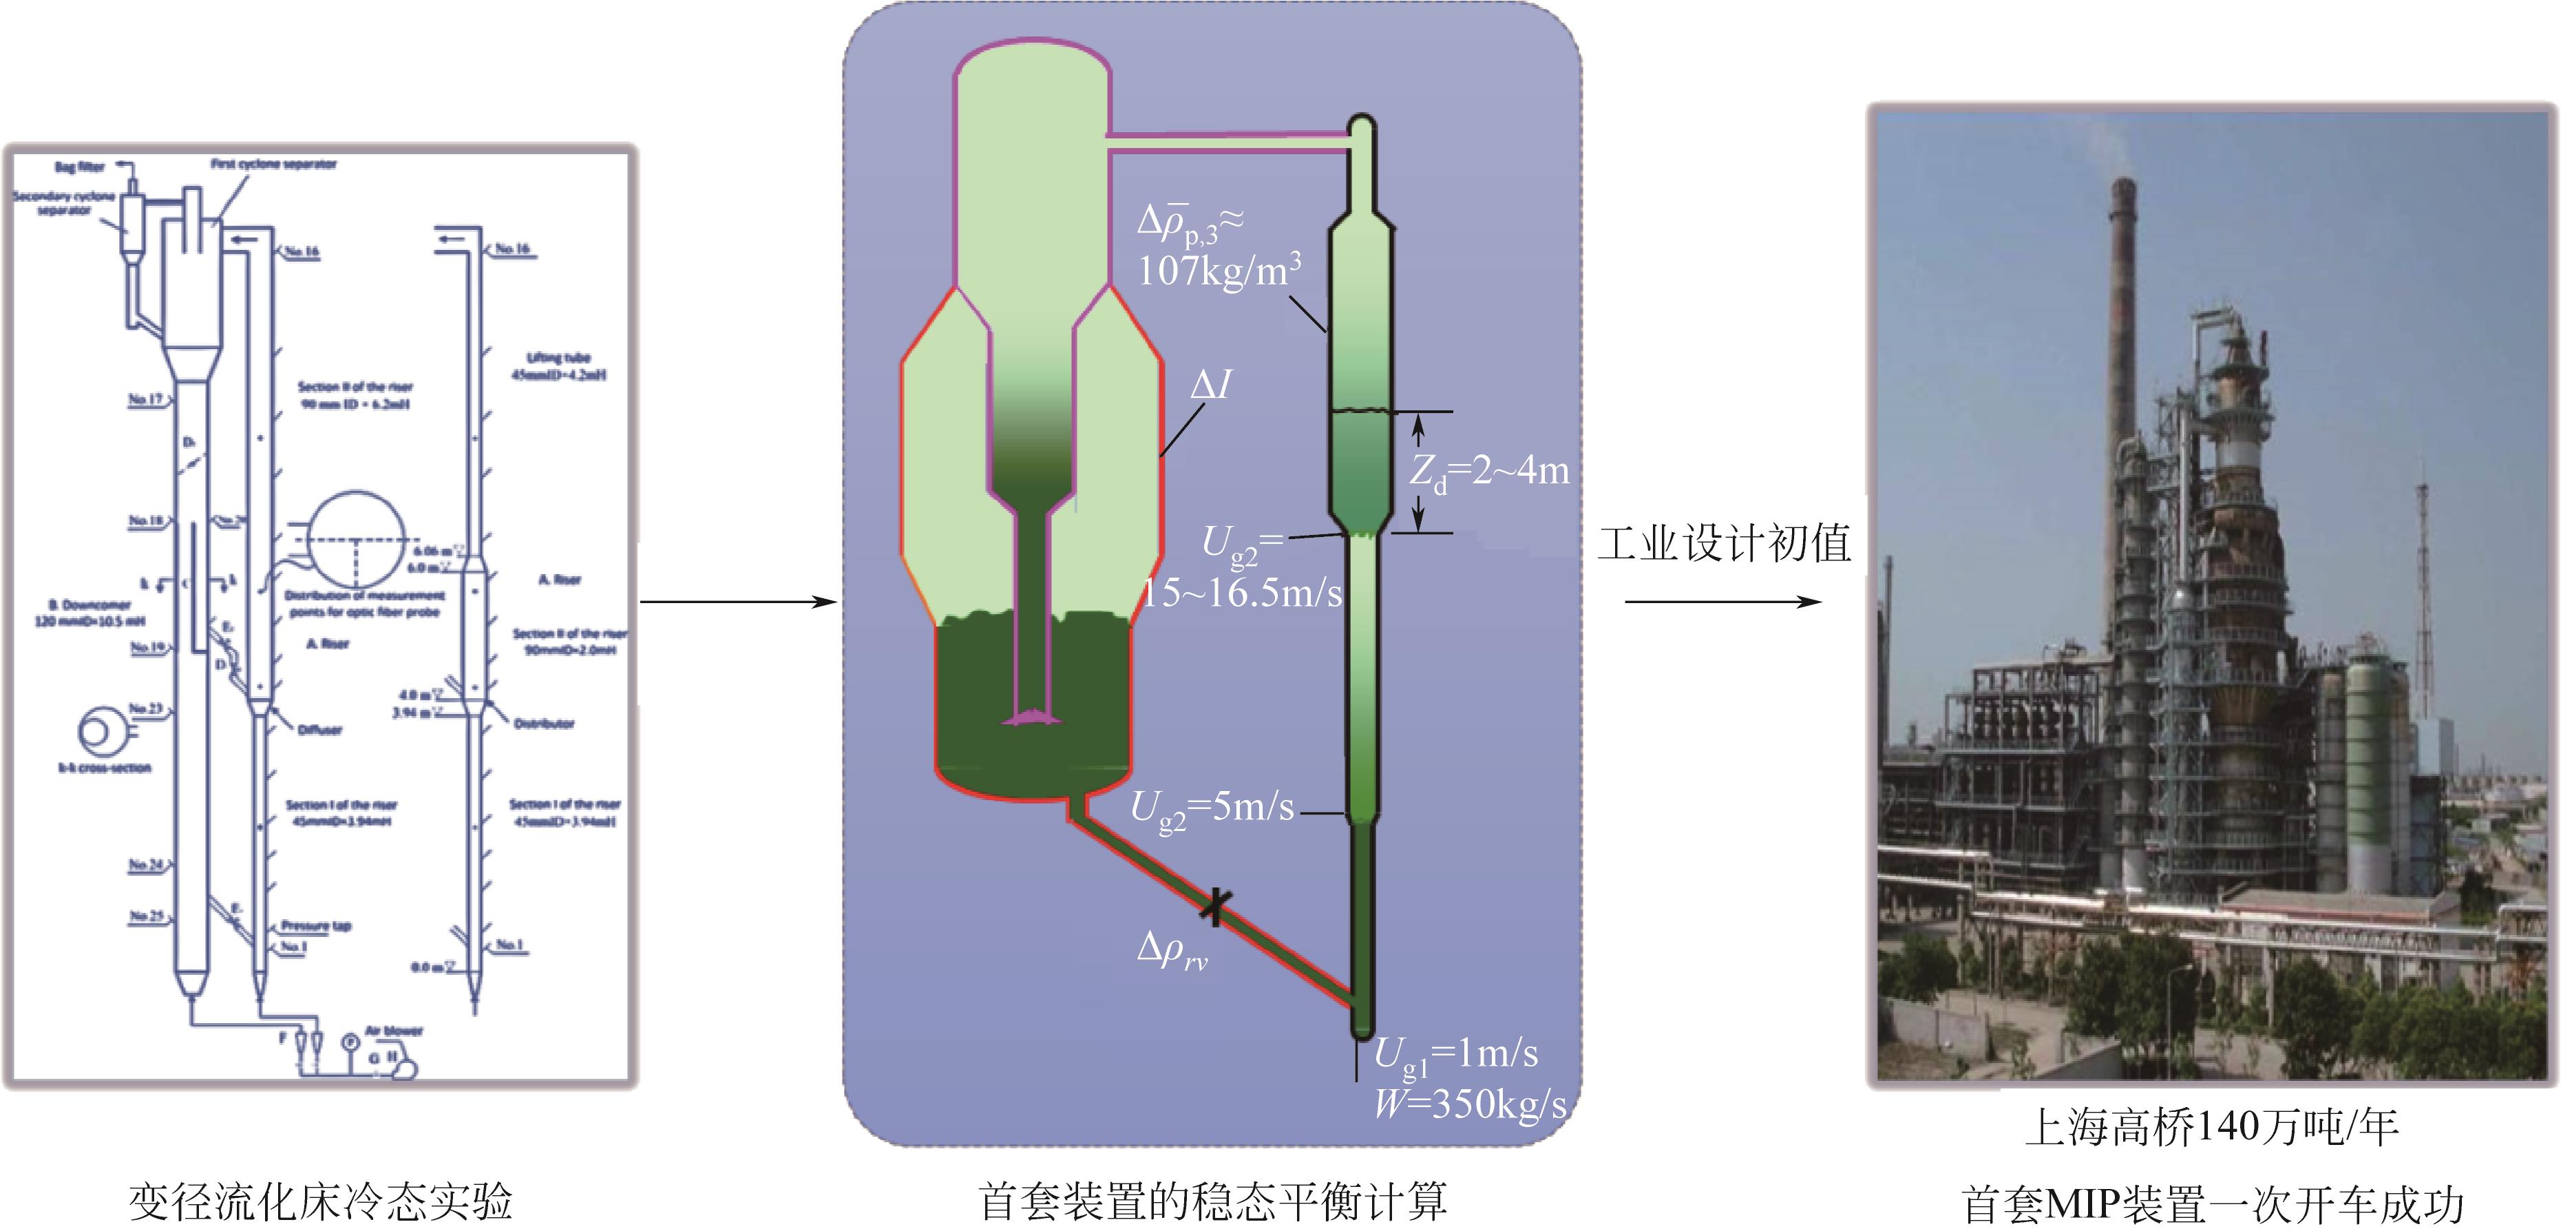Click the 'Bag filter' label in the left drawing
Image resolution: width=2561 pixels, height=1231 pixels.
tap(80, 167)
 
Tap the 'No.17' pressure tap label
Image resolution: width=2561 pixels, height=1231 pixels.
tap(145, 400)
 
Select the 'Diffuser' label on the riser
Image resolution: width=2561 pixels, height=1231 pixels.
tap(319, 730)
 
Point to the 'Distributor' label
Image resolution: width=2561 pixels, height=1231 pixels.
tap(544, 724)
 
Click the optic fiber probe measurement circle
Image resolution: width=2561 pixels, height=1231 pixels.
tap(356, 542)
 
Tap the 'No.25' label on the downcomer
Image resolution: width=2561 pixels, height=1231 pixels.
tap(146, 916)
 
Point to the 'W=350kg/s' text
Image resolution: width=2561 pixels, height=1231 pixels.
tap(1469, 1104)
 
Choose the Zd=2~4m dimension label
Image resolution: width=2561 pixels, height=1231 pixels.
tap(1489, 472)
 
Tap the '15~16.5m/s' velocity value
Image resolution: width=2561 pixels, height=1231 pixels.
tap(1242, 593)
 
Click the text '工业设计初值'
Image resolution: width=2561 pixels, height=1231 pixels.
tap(1724, 544)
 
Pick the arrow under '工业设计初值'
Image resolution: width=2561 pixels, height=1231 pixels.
tap(1724, 602)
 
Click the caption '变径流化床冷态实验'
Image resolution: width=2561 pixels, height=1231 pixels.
tap(320, 1201)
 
